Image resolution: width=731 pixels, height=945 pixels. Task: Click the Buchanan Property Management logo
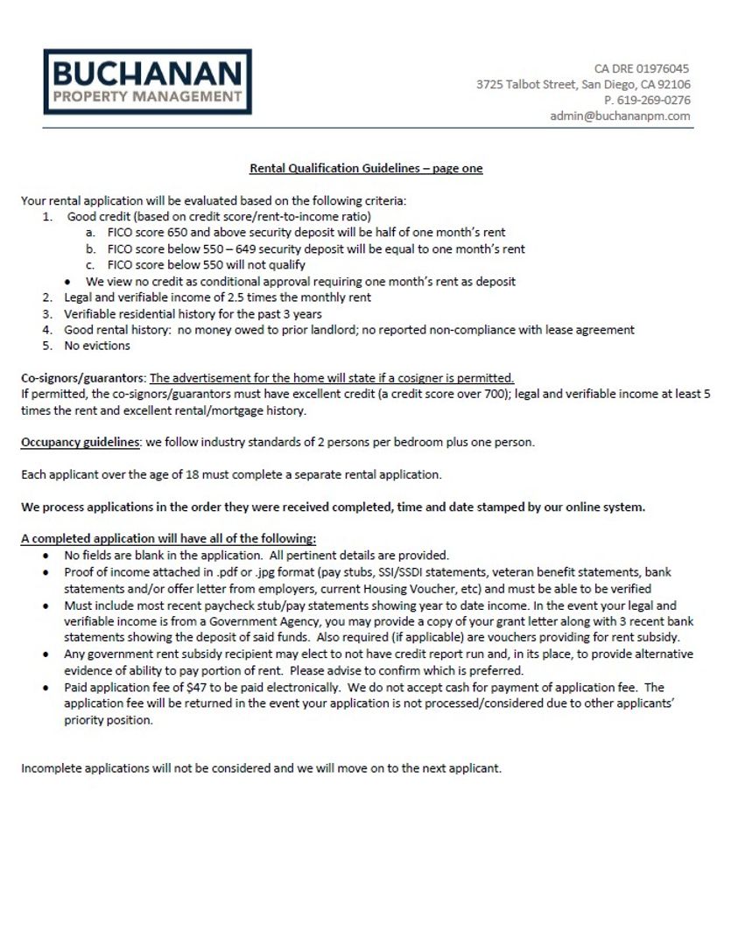click(147, 81)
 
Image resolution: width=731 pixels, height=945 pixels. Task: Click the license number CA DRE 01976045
click(642, 68)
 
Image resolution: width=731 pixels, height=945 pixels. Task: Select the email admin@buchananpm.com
click(620, 115)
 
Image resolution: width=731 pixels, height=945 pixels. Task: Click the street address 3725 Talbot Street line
click(583, 84)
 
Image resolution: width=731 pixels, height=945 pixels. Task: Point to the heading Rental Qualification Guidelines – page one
click(366, 168)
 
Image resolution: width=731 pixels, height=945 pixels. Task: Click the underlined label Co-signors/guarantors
click(83, 378)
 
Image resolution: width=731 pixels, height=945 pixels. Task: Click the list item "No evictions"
click(96, 346)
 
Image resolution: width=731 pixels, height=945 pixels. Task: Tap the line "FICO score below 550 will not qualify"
click(206, 265)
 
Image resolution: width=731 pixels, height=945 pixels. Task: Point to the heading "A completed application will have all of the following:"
click(168, 538)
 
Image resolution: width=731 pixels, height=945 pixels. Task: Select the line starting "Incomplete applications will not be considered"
click(261, 768)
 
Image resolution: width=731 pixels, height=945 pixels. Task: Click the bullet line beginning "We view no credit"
click(300, 281)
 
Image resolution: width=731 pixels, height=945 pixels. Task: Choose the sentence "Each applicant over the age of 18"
click(231, 474)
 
